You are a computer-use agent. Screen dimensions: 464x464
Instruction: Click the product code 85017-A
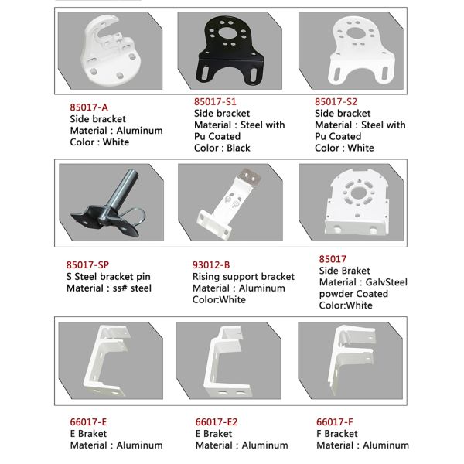click(89, 107)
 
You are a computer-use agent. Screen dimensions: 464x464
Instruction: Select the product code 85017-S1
click(215, 101)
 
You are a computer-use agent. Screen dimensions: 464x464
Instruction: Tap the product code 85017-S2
click(336, 101)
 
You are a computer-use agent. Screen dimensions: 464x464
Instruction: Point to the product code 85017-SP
click(87, 264)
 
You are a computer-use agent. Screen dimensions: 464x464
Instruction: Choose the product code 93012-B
click(211, 264)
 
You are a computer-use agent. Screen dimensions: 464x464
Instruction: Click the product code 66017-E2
click(217, 421)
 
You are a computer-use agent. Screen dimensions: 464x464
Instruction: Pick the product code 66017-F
click(334, 421)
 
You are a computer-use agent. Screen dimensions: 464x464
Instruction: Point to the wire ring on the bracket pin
click(135, 216)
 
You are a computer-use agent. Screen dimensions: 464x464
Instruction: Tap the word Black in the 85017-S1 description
click(238, 148)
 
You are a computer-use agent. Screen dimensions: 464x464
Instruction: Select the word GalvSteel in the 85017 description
click(386, 282)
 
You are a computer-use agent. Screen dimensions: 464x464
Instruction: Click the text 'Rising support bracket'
click(244, 276)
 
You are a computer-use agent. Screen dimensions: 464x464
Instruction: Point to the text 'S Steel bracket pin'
click(108, 276)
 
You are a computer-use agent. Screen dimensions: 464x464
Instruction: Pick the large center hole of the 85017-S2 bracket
click(358, 33)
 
